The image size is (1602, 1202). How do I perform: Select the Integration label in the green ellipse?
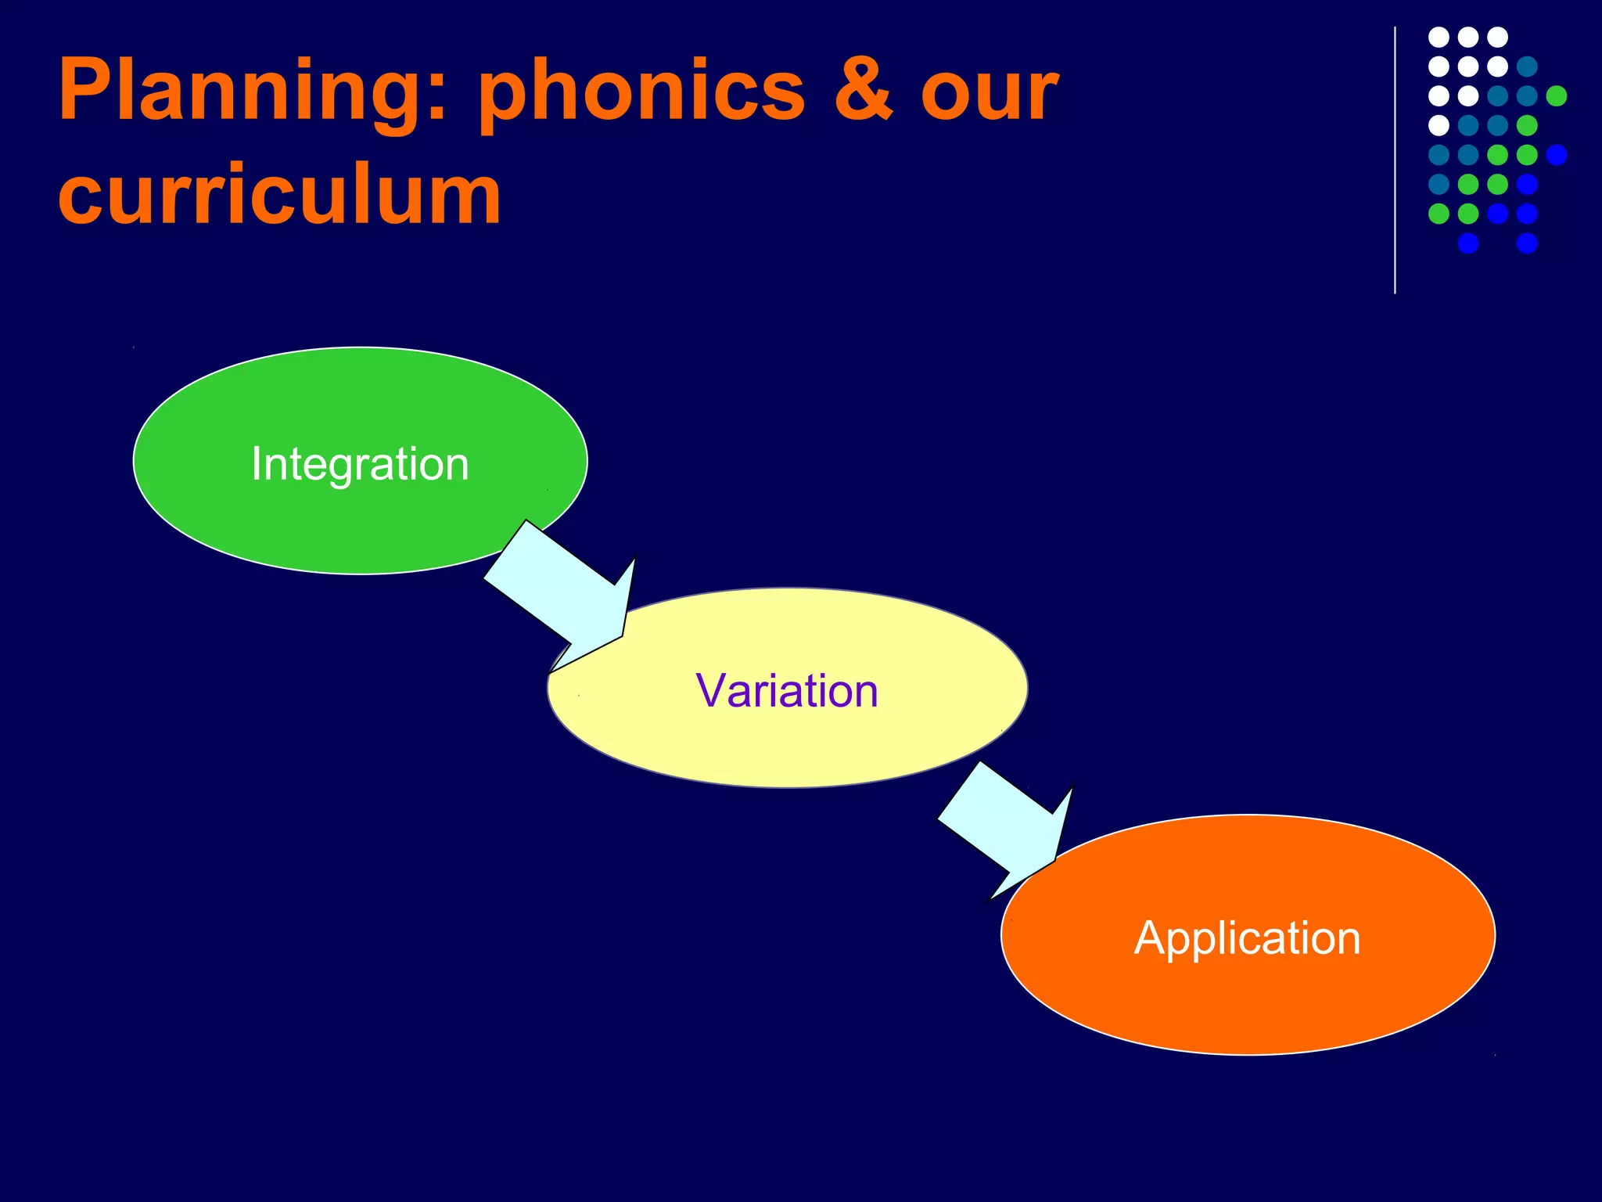pos(360,464)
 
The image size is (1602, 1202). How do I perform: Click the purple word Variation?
pos(787,691)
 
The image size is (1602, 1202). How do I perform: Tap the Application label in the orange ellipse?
pos(1247,937)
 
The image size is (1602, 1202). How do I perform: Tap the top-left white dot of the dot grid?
pos(1439,37)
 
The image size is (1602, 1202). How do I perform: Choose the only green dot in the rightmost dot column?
pos(1557,95)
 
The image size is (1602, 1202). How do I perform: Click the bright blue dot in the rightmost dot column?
pos(1557,155)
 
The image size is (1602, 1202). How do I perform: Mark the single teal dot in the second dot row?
pos(1527,67)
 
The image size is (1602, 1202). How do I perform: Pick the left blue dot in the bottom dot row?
pos(1468,243)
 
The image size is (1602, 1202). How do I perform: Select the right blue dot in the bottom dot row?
pos(1527,243)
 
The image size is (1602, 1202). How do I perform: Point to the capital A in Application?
pos(1149,937)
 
